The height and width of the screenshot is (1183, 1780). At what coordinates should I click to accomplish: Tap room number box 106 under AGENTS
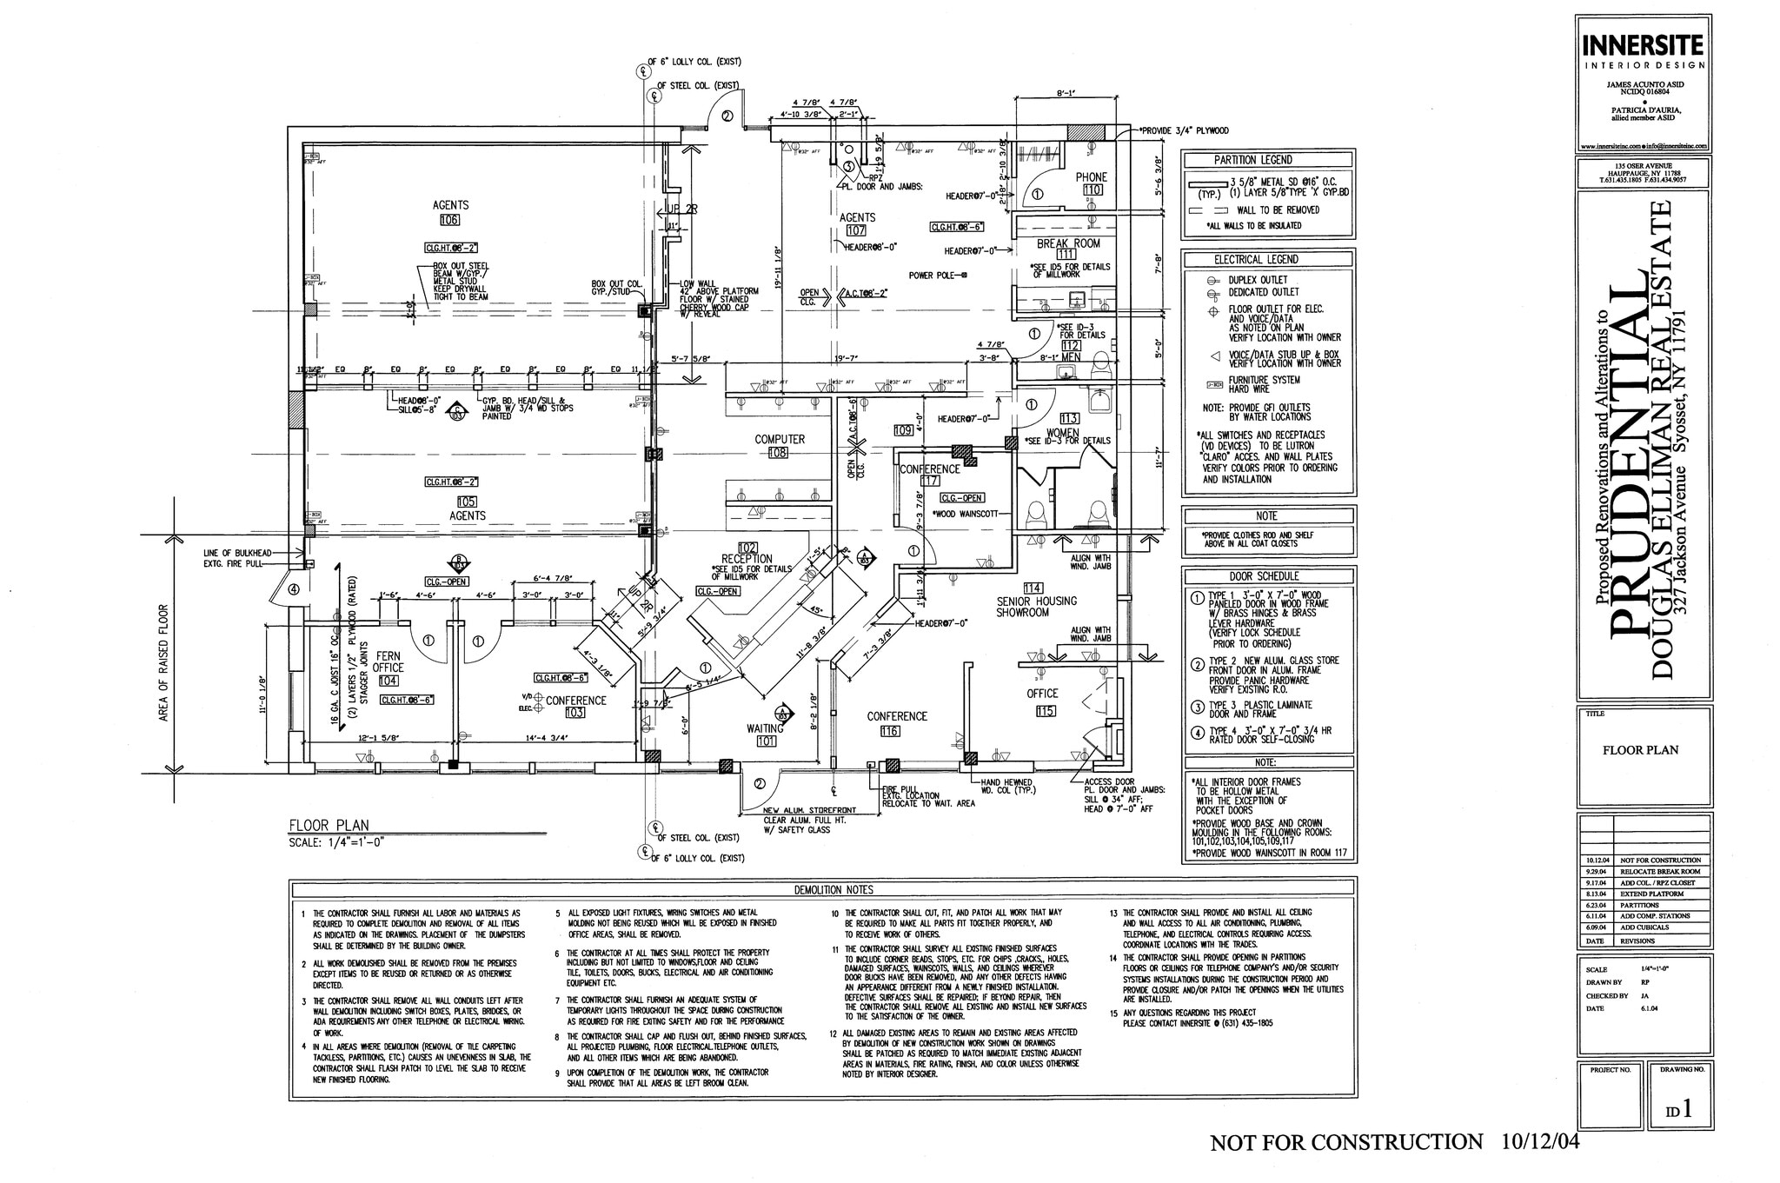pyautogui.click(x=450, y=220)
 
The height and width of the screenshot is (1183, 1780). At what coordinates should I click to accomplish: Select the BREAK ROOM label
pyautogui.click(x=1067, y=243)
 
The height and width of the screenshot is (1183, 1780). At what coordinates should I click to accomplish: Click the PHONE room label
pyautogui.click(x=1091, y=176)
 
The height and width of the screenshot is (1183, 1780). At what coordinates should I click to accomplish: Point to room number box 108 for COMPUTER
pyautogui.click(x=778, y=453)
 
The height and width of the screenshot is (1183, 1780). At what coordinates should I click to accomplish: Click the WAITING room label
pyautogui.click(x=765, y=728)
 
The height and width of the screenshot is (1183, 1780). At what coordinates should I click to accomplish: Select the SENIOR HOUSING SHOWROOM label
pyautogui.click(x=1036, y=607)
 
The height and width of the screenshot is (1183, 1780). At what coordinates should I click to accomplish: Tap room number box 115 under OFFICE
pyautogui.click(x=1045, y=711)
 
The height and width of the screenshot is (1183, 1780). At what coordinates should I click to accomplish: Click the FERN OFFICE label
pyautogui.click(x=389, y=662)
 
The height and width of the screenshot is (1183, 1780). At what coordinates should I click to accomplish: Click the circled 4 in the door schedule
pyautogui.click(x=1196, y=733)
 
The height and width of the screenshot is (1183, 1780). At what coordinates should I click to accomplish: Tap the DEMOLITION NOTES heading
pyautogui.click(x=821, y=889)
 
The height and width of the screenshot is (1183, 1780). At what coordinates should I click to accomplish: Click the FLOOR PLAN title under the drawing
pyautogui.click(x=329, y=826)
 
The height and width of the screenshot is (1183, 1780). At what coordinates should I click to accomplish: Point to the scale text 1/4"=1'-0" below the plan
pyautogui.click(x=336, y=841)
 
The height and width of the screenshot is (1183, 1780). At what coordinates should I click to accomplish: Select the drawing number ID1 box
pyautogui.click(x=1677, y=1109)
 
